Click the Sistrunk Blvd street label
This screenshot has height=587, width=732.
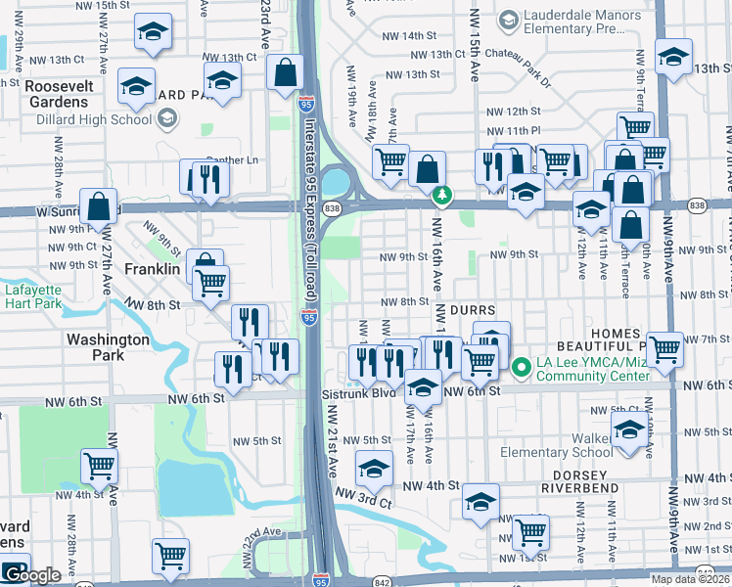pyautogui.click(x=358, y=392)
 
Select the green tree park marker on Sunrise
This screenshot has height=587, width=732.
pyautogui.click(x=442, y=197)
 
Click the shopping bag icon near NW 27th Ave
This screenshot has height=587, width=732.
pyautogui.click(x=99, y=207)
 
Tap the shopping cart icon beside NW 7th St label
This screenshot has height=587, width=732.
pyautogui.click(x=664, y=348)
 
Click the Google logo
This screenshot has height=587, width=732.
pyautogui.click(x=36, y=575)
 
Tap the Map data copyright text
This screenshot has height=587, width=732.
pyautogui.click(x=691, y=579)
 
